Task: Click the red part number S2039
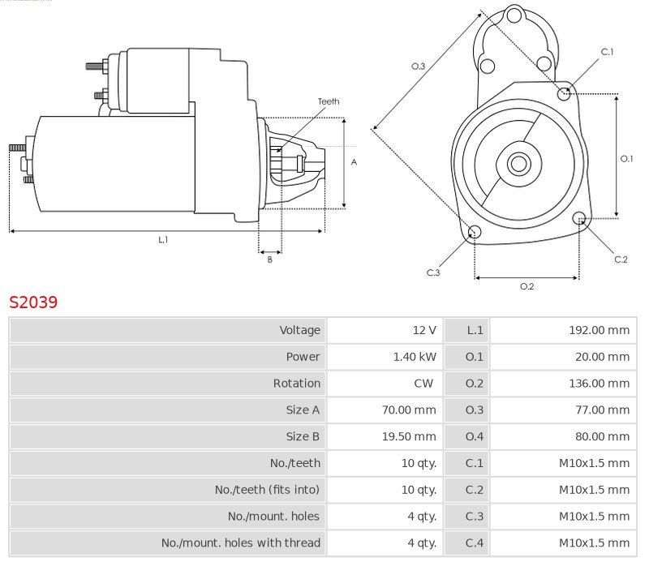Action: click(x=33, y=302)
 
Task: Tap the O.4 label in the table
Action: click(x=475, y=436)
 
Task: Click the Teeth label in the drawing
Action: click(x=329, y=101)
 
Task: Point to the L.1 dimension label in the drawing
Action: click(x=163, y=240)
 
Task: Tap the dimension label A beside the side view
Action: click(x=354, y=162)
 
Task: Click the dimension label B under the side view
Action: click(x=270, y=260)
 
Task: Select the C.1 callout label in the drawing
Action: click(x=607, y=52)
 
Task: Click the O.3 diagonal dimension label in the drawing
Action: click(x=419, y=66)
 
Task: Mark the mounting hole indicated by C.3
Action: click(x=475, y=234)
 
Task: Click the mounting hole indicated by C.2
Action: click(x=580, y=218)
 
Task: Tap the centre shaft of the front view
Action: click(x=518, y=164)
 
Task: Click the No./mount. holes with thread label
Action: click(x=241, y=543)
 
